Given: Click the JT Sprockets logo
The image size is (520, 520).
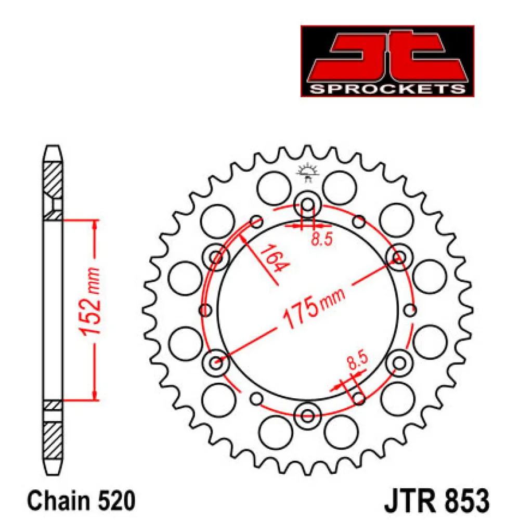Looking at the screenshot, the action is (387, 61).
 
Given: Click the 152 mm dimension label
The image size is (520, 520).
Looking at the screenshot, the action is (90, 301).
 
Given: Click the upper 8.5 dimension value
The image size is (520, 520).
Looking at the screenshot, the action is (322, 239).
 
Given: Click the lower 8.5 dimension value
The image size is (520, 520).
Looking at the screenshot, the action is (358, 360).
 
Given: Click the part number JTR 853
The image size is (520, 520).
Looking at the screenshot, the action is (437, 501).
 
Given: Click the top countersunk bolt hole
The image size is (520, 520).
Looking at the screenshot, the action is (308, 204).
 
